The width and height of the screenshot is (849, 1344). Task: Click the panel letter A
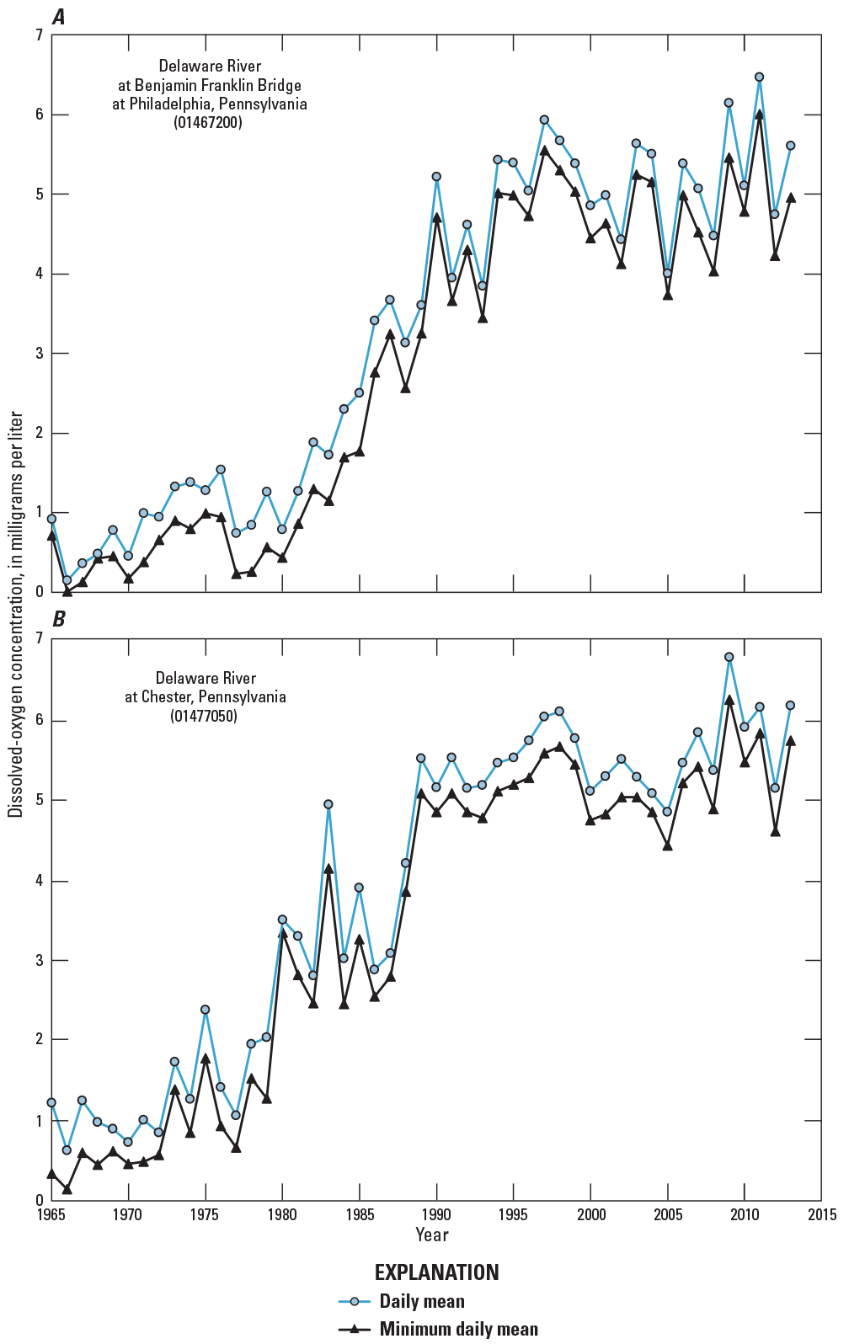pos(58,17)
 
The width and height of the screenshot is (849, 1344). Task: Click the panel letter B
pos(58,620)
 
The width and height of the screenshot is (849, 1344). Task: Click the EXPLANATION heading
pos(436,1272)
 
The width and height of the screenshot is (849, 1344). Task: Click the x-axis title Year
pos(431,1235)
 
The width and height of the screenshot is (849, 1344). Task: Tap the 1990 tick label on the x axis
pos(436,1215)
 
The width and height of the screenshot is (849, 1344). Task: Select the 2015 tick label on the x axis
pos(821,1215)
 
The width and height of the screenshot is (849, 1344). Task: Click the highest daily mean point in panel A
pos(759,77)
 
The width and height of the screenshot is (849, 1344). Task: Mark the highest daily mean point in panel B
pos(729,657)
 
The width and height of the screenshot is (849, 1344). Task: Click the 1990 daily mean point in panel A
pos(436,177)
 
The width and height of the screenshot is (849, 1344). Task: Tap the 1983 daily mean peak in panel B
pos(328,804)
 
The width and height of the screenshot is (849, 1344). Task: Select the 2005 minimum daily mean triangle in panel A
pos(667,296)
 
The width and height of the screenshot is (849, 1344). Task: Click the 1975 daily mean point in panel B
pos(205,1010)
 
